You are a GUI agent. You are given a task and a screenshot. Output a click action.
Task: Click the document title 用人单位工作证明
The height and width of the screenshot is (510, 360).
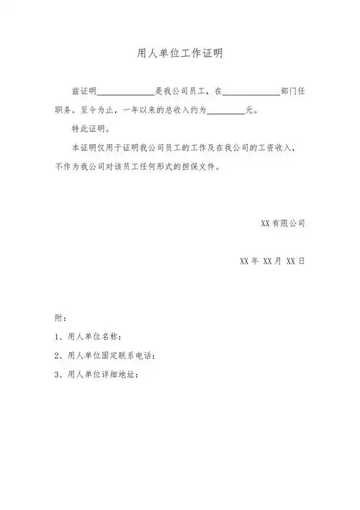pos(180,54)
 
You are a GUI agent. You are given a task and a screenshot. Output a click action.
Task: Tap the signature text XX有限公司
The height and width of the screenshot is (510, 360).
pos(282,223)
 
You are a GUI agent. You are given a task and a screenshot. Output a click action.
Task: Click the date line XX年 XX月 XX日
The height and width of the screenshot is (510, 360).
pos(271,260)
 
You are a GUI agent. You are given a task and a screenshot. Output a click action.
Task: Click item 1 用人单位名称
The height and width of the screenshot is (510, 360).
pos(88,336)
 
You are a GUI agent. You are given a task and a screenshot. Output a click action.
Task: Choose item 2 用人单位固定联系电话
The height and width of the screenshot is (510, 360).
pos(104,355)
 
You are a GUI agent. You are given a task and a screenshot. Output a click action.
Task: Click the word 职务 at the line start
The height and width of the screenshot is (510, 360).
pos(64,111)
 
